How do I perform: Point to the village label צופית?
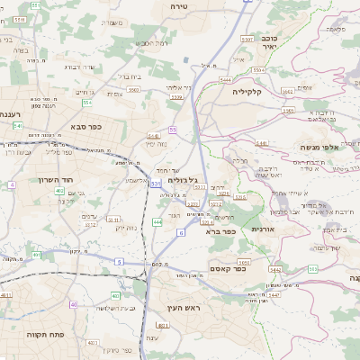(x=116, y=94)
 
